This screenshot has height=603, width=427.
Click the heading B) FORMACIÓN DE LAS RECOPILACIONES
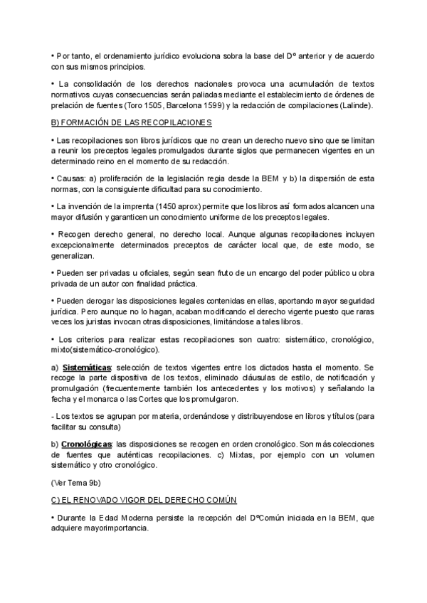(x=127, y=122)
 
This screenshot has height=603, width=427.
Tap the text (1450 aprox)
(x=172, y=206)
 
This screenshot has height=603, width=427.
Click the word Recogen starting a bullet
(x=74, y=233)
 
